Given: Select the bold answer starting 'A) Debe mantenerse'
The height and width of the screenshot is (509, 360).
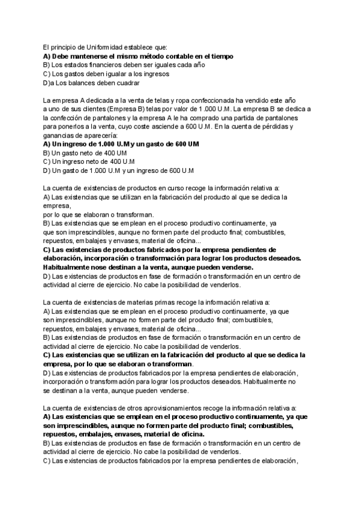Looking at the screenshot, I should coord(139,56).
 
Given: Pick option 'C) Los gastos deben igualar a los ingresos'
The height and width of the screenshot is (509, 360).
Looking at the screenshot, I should coord(106,74).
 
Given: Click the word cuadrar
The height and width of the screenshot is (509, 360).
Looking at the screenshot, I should coord(127,83).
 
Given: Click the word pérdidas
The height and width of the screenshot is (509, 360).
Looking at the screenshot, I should coord(271,127).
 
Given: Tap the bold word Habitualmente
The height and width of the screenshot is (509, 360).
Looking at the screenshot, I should coord(73,267).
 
